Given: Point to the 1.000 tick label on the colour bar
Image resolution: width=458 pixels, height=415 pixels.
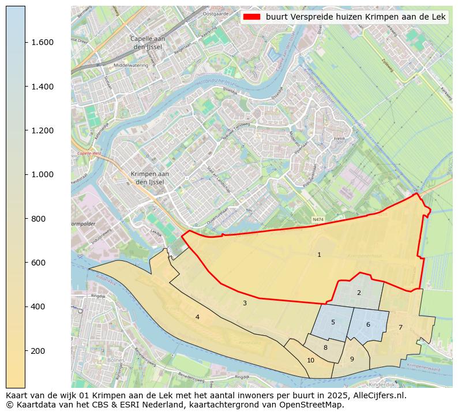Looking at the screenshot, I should tap(42, 174).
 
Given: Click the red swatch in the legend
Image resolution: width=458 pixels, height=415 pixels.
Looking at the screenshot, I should tap(252, 17).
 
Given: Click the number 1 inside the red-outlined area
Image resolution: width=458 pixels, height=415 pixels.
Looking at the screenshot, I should tap(319, 255).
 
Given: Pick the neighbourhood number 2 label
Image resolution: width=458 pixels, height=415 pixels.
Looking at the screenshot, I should tap(359, 293).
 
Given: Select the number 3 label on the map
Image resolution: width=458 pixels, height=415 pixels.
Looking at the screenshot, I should tap(245, 303).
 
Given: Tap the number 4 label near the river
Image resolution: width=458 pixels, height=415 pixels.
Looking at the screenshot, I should tap(197, 317).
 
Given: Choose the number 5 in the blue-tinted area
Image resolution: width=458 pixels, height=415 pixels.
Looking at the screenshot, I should tap(333, 322).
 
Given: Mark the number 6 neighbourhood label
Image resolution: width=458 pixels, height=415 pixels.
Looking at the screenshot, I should tap(368, 324).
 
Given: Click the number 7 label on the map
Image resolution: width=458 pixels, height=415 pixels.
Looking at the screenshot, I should tap(400, 327).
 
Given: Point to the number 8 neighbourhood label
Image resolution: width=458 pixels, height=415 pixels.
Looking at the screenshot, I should tap(325, 347).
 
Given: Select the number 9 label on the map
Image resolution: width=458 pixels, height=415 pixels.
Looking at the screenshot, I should tap(352, 359).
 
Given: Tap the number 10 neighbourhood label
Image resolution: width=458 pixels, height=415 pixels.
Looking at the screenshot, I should tap(311, 360).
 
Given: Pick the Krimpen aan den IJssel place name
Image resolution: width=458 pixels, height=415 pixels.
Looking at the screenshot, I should tap(150, 178).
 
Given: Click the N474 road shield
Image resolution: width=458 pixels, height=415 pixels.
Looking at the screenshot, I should tap(318, 220).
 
